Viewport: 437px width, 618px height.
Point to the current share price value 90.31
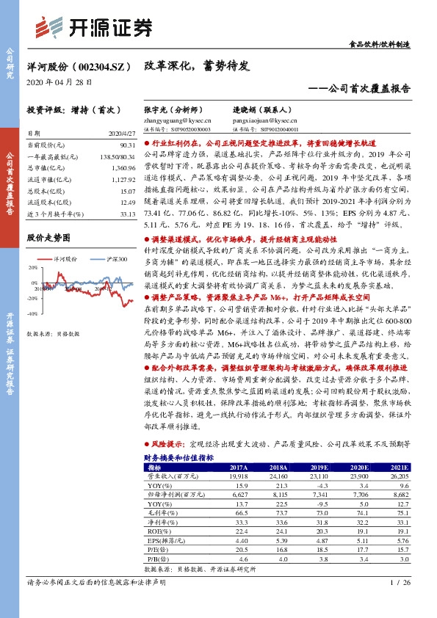(x=126, y=145)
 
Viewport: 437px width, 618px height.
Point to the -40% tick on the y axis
(x=33, y=313)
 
